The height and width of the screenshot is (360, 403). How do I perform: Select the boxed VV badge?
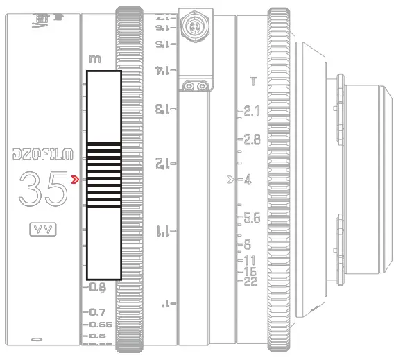pos(43,229)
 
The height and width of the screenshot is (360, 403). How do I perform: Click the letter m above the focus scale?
pos(95,60)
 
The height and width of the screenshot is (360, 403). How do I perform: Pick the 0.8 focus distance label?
pos(98,286)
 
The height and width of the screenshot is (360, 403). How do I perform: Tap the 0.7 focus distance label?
pos(98,312)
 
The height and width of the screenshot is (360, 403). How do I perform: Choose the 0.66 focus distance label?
pos(101,324)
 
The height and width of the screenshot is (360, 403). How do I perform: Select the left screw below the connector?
pos(189,86)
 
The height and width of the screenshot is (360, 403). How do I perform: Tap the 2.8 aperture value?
pos(251,139)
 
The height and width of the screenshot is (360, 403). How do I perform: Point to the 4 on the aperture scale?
pos(247,180)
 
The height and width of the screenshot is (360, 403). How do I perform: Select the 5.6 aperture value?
pos(251,218)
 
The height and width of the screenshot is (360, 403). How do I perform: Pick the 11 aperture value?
pos(250,260)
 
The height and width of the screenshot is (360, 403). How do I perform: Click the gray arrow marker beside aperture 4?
pos(232,180)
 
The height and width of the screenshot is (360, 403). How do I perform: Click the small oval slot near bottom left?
pos(36,340)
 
